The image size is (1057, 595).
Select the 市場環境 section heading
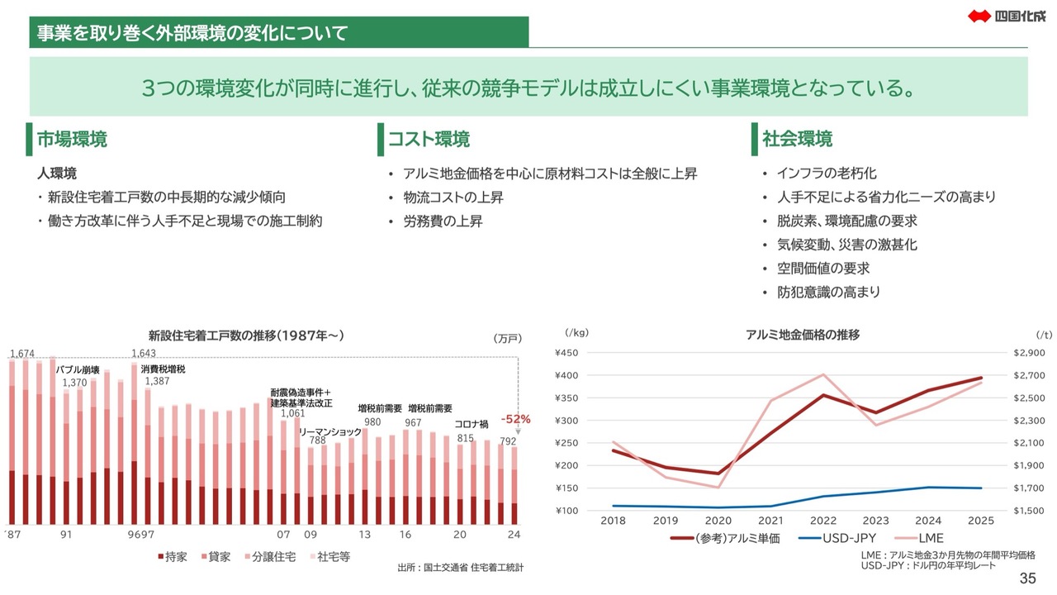tap(72, 139)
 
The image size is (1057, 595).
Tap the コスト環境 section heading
tap(429, 139)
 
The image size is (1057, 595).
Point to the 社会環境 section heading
tap(797, 139)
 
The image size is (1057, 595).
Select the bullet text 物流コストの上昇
tap(453, 198)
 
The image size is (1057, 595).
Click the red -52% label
tap(515, 419)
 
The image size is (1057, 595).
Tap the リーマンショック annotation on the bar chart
tap(329, 432)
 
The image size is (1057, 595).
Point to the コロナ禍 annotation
tap(472, 424)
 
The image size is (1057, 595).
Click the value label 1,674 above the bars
tap(21, 354)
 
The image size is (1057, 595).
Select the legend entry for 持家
tap(172, 557)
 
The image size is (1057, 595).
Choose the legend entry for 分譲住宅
tap(273, 557)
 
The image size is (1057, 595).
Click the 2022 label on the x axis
tap(822, 521)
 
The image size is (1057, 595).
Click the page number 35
tap(1028, 578)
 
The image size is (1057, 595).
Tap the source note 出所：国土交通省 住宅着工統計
tap(460, 568)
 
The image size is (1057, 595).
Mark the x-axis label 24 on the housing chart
tap(514, 535)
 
